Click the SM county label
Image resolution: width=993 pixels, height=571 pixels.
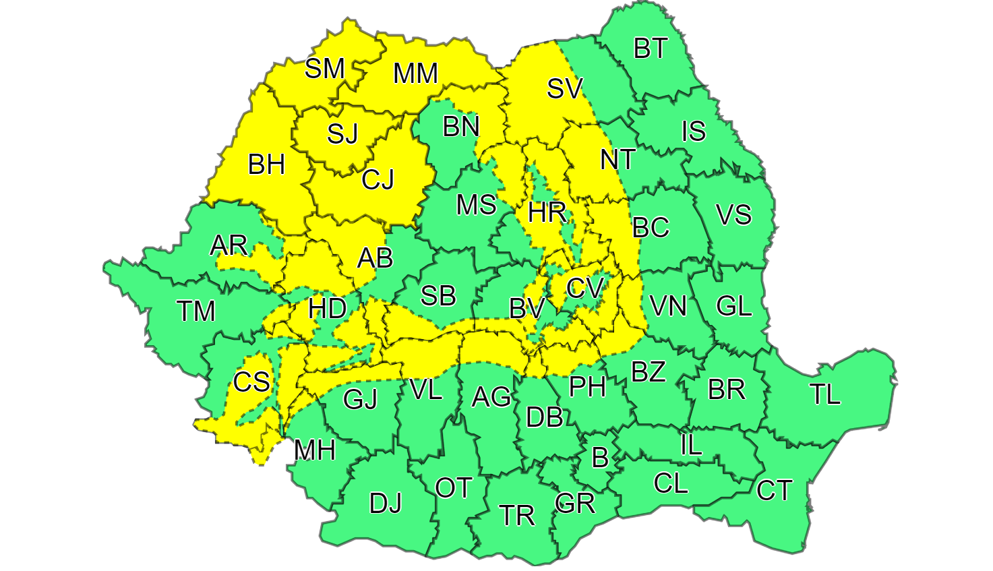324,68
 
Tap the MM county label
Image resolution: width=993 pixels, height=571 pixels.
415,73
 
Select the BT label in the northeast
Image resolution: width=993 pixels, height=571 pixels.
651,49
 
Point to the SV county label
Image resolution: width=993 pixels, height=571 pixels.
564,88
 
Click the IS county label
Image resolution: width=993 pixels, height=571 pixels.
693,131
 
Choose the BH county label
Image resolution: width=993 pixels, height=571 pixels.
266,164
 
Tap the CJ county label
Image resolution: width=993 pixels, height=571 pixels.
378,179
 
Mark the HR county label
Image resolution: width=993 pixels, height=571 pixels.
547,212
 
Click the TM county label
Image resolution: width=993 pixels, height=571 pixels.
195,311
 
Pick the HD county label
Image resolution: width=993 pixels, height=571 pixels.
327,309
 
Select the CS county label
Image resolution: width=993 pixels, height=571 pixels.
251,382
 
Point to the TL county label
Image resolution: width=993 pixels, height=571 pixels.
825,394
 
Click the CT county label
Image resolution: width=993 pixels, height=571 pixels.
774,490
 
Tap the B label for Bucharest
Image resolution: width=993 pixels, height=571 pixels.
599,458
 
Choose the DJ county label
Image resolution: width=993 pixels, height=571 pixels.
386,503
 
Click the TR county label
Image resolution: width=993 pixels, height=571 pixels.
517,516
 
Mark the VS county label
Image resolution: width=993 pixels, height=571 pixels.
733,214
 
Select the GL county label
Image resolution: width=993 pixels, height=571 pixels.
733,306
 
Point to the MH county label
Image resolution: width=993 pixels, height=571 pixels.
315,450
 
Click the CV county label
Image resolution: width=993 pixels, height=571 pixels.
584,289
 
